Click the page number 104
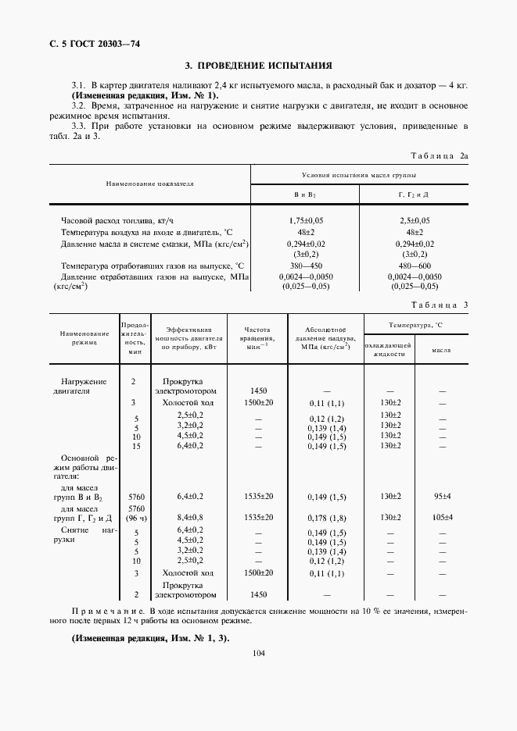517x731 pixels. pyautogui.click(x=258, y=654)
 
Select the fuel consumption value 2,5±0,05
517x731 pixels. pyautogui.click(x=414, y=221)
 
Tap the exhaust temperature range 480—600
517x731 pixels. pyautogui.click(x=414, y=266)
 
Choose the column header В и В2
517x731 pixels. pyautogui.click(x=304, y=194)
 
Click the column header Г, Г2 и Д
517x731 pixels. pyautogui.click(x=414, y=194)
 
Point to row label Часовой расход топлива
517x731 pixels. pyautogui.click(x=112, y=221)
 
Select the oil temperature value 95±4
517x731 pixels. pyautogui.click(x=443, y=496)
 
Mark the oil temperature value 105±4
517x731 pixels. pyautogui.click(x=443, y=517)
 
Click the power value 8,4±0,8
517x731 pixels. pyautogui.click(x=189, y=517)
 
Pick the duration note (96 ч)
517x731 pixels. pyautogui.click(x=135, y=517)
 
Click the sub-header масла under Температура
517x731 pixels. pyautogui.click(x=443, y=350)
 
